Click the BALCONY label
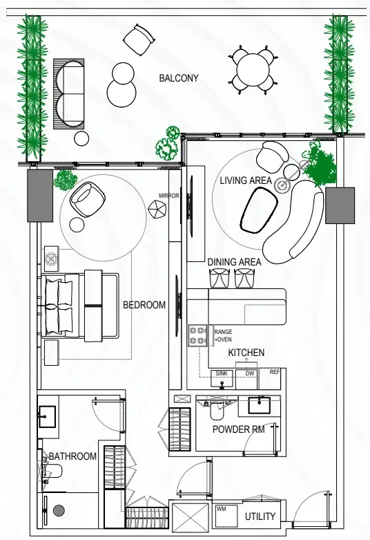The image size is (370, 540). (x=179, y=78)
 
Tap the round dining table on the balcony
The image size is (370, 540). (x=253, y=70)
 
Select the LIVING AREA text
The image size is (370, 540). (x=246, y=180)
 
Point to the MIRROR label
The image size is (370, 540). (x=169, y=196)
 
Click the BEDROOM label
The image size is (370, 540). (x=144, y=305)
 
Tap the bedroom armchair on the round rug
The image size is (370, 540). (x=88, y=199)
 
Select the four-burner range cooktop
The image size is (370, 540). (x=197, y=336)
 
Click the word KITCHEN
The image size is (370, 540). (x=246, y=353)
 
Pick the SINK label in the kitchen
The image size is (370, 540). (x=222, y=373)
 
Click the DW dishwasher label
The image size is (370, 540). (x=250, y=373)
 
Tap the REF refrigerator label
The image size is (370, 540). (x=275, y=372)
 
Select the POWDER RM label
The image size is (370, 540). (x=238, y=429)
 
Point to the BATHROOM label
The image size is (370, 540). (x=72, y=456)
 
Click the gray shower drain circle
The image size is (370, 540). (x=59, y=510)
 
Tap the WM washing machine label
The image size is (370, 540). (x=221, y=509)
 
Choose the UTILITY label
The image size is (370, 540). (x=260, y=516)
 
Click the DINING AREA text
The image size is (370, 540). (x=234, y=262)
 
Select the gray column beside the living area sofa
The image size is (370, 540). (x=340, y=205)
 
